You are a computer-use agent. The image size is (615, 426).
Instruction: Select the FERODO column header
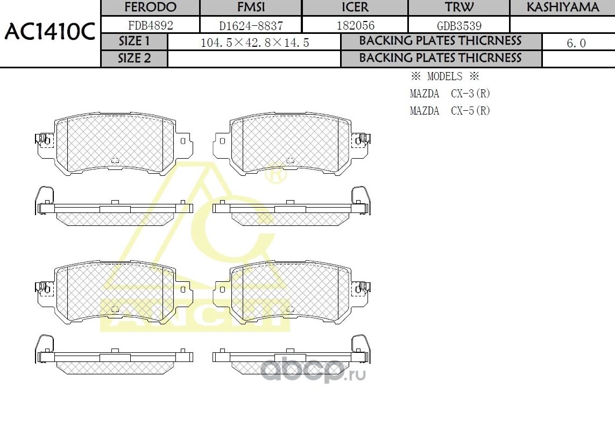(x=150, y=8)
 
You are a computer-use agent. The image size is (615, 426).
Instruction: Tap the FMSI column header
(x=251, y=8)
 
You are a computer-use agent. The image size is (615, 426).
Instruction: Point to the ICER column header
(x=355, y=8)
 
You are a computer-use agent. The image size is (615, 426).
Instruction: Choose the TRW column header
(x=459, y=8)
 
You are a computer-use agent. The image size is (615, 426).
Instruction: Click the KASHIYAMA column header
(x=562, y=8)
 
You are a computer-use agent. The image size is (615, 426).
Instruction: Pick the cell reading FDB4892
(x=150, y=25)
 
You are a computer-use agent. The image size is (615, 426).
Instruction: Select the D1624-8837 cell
(x=251, y=25)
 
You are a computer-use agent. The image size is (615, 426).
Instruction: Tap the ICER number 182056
(x=355, y=25)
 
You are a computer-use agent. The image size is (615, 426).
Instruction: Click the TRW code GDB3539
(x=459, y=25)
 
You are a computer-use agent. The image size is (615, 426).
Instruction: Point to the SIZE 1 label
(x=135, y=42)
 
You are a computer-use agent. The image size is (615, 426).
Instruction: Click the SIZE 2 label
(x=135, y=59)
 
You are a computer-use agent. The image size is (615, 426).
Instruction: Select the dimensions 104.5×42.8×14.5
(x=255, y=42)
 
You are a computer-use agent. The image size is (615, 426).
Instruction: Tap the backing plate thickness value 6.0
(x=576, y=43)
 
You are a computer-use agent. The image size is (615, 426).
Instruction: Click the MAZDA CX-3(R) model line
(x=450, y=94)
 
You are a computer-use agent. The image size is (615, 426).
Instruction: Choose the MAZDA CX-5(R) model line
(x=450, y=111)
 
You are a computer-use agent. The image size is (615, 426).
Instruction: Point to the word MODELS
(x=444, y=76)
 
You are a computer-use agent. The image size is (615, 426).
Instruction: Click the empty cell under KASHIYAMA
(x=562, y=25)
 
